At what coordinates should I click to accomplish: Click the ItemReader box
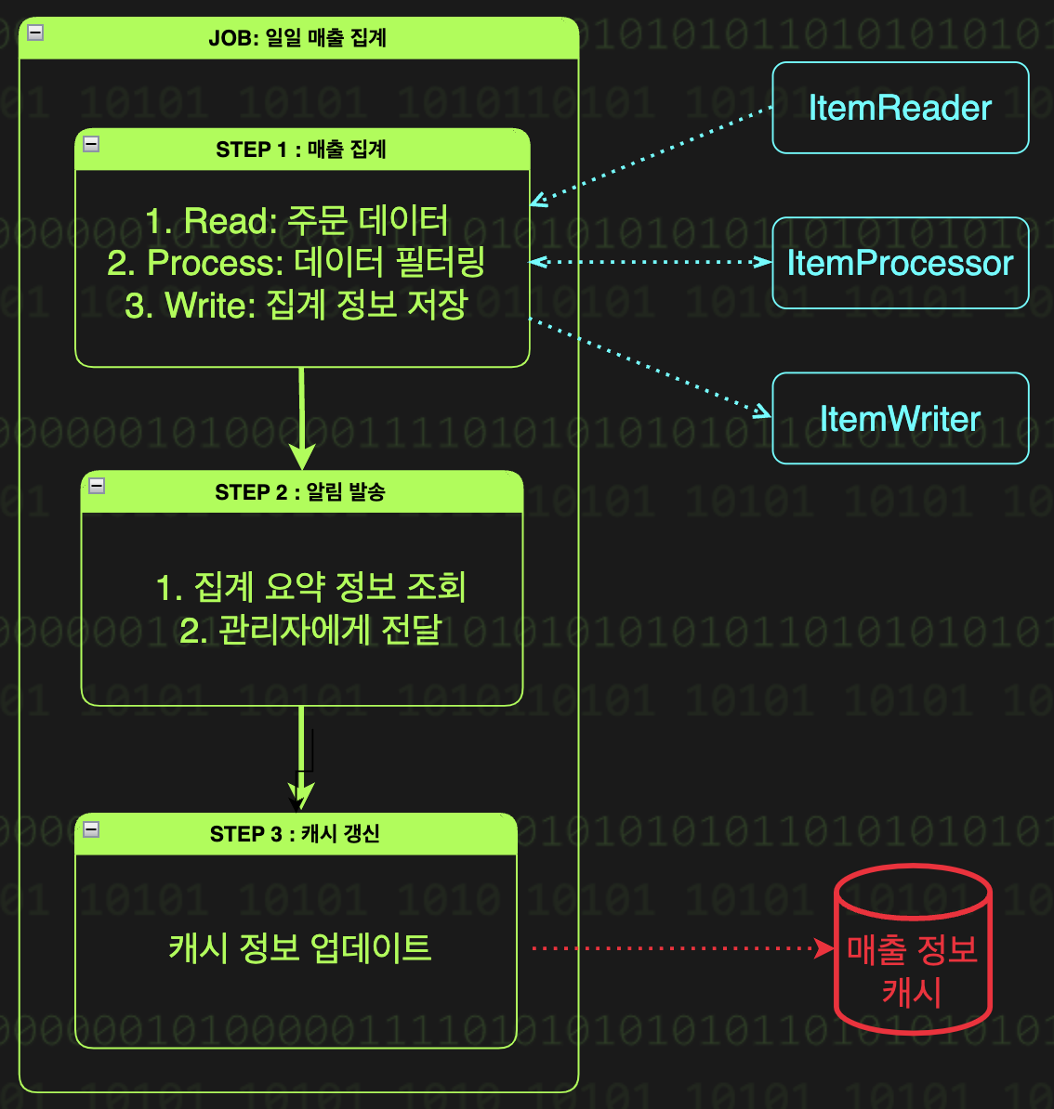point(900,108)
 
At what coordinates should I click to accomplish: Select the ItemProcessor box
point(900,263)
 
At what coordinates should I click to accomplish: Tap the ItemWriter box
point(900,418)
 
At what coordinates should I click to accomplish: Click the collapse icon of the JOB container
point(35,33)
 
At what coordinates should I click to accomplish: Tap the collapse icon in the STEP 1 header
point(91,143)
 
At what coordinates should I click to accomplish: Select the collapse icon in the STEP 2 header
point(97,486)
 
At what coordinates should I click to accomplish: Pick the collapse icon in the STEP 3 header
point(91,828)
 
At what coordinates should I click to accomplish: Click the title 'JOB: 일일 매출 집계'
point(297,38)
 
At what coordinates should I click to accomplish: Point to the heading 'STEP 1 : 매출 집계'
point(301,150)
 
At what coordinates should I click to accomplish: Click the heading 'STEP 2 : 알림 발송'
point(300,492)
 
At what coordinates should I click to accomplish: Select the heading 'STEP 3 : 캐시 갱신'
point(295,834)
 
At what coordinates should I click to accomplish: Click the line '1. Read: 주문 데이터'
point(297,221)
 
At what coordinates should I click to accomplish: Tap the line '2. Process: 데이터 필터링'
point(296,263)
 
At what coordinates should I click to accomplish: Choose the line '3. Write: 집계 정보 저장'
point(296,305)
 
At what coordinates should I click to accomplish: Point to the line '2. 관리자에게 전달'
point(310,630)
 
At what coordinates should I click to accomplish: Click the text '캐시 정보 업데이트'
point(300,948)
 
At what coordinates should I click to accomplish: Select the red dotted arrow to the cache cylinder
point(679,948)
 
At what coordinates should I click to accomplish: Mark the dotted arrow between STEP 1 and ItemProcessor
point(651,262)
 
